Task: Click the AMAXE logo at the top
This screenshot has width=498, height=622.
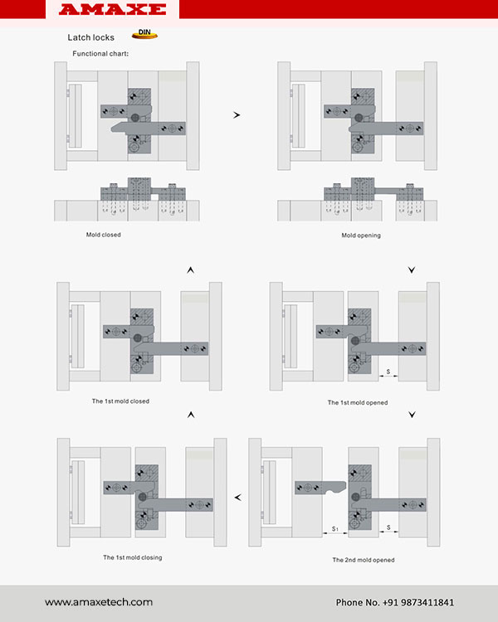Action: [112, 9]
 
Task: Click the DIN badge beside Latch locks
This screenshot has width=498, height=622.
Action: [144, 34]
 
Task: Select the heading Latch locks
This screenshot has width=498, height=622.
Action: [91, 37]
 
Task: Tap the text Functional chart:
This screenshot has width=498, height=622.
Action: [100, 54]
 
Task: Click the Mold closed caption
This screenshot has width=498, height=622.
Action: [103, 235]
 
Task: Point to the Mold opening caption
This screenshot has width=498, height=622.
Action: [361, 236]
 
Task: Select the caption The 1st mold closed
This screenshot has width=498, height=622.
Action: [120, 401]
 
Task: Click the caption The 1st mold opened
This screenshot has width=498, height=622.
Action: [358, 402]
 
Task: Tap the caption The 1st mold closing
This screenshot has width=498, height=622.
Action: [132, 557]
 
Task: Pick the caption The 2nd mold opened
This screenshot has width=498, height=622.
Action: [364, 560]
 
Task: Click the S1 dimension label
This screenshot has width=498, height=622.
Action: [335, 529]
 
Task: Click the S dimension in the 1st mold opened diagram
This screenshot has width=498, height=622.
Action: [388, 372]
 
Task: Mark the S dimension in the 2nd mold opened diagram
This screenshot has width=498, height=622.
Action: [388, 527]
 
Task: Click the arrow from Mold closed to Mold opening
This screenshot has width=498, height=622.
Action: [237, 115]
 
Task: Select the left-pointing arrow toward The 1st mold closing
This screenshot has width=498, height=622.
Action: [238, 498]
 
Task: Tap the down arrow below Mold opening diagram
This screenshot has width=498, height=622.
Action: [412, 270]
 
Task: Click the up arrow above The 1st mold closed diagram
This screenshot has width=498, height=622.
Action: [191, 270]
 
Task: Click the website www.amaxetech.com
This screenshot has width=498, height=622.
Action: [99, 602]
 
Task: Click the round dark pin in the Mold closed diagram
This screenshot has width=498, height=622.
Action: [135, 118]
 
